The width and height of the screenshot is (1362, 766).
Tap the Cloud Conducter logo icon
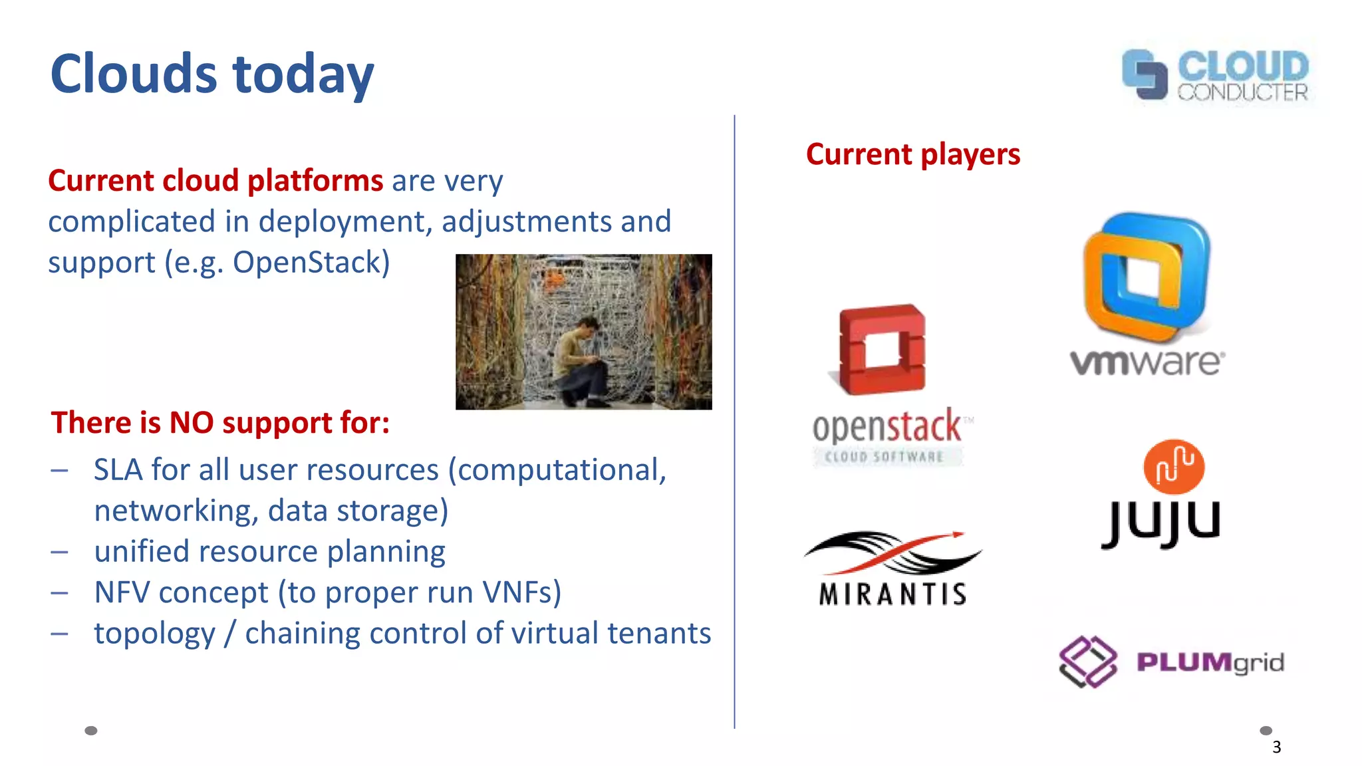pyautogui.click(x=1144, y=74)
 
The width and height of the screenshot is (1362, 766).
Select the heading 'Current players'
pyautogui.click(x=912, y=154)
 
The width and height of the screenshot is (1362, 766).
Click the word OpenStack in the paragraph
pyautogui.click(x=311, y=262)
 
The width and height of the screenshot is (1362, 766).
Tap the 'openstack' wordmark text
pyautogui.click(x=886, y=426)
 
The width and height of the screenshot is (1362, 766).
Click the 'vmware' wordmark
pyautogui.click(x=1147, y=362)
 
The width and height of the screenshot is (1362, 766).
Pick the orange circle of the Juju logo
pyautogui.click(x=1174, y=465)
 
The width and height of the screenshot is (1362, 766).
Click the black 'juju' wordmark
pyautogui.click(x=1161, y=523)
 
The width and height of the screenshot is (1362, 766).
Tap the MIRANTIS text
pyautogui.click(x=892, y=594)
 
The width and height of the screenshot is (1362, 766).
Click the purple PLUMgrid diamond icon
pyautogui.click(x=1087, y=662)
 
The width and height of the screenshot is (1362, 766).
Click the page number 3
pyautogui.click(x=1276, y=747)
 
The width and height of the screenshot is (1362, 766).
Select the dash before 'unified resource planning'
pyautogui.click(x=60, y=552)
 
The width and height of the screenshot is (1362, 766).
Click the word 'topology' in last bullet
pyautogui.click(x=154, y=634)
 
